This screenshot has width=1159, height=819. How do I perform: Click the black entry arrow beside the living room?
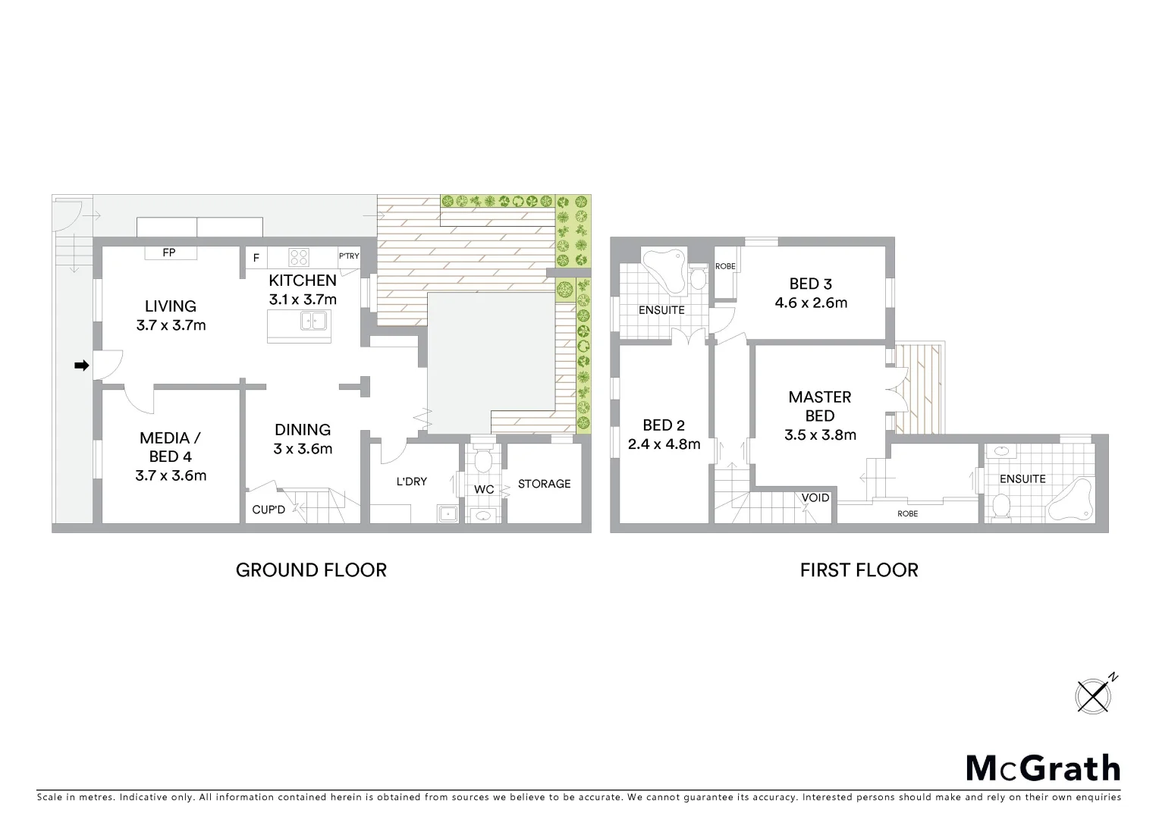click(81, 366)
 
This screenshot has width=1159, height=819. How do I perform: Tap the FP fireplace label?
click(169, 253)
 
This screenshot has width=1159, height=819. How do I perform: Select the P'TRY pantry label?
click(349, 256)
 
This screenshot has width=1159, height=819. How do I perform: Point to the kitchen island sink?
click(313, 322)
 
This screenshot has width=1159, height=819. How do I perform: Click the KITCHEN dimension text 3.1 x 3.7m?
click(303, 300)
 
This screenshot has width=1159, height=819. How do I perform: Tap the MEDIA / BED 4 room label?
click(170, 447)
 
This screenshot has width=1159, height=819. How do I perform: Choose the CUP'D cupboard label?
click(269, 510)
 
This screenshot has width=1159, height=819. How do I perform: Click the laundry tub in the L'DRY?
click(448, 513)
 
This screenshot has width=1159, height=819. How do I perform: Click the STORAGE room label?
click(544, 484)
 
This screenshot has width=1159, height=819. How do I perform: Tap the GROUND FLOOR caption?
click(311, 570)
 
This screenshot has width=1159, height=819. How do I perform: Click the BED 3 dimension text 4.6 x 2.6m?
click(811, 303)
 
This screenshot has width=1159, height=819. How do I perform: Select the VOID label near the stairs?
click(815, 497)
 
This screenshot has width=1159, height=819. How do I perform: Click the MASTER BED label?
click(820, 406)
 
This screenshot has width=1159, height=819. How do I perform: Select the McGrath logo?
click(1043, 768)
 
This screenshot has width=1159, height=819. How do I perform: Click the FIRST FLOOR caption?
click(859, 570)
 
